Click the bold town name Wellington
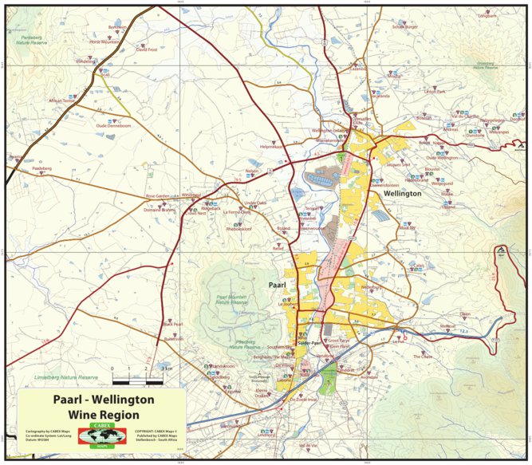[402, 194]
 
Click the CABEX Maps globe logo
[101, 436]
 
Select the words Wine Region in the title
[104, 415]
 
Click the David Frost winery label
[147, 49]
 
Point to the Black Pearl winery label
[172, 324]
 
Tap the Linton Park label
[435, 92]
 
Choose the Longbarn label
[487, 16]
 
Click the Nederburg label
[371, 287]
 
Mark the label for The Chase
[422, 356]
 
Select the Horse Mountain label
[103, 41]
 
